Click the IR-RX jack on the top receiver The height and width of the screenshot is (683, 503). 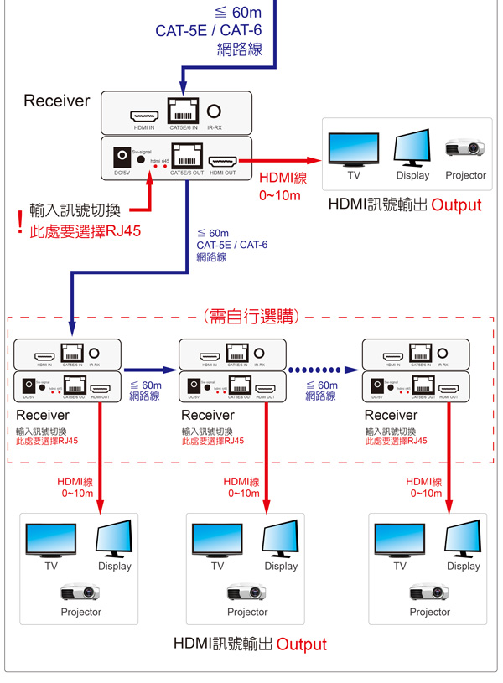click(x=215, y=110)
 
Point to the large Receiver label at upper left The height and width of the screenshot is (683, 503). click(x=56, y=101)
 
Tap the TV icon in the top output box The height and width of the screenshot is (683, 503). click(x=353, y=151)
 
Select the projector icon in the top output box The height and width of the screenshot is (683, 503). click(x=464, y=148)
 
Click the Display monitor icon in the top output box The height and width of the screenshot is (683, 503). click(x=412, y=148)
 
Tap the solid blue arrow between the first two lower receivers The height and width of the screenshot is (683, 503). click(x=151, y=368)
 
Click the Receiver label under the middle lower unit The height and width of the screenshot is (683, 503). click(x=208, y=415)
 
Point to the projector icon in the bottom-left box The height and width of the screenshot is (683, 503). click(x=80, y=592)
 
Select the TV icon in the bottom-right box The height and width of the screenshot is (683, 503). click(x=398, y=541)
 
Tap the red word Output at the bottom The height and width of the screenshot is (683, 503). click(x=301, y=644)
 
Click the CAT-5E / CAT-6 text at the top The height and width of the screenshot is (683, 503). click(x=209, y=31)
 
